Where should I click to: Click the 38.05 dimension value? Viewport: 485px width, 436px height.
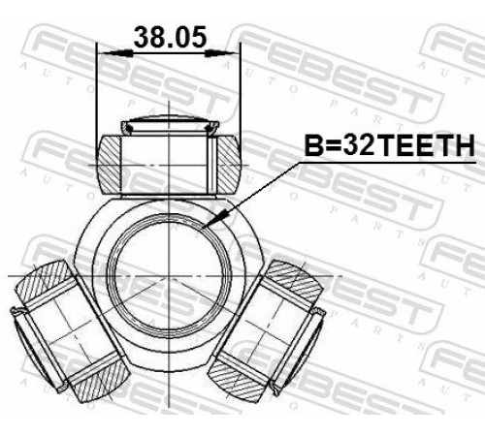pos(170,37)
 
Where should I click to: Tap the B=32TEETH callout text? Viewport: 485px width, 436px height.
pos(389,145)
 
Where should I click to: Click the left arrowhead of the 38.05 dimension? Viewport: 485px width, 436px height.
pos(115,53)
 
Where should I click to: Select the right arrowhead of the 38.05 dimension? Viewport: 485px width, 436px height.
pos(222,53)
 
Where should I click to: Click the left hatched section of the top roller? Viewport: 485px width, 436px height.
pos(109,166)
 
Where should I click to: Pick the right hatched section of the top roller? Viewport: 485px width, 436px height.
pos(228,165)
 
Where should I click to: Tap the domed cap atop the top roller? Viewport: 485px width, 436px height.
pos(169,124)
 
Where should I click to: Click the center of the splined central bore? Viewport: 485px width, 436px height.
pos(169,276)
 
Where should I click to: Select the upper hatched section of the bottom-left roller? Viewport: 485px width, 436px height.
pos(45,280)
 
